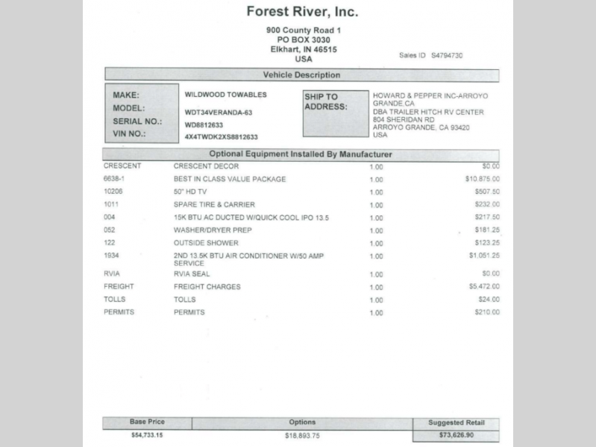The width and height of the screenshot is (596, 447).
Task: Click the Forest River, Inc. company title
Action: click(x=302, y=12)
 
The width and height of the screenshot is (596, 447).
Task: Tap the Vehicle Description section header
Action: click(x=301, y=75)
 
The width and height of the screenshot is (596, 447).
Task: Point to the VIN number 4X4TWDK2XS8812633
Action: click(x=221, y=137)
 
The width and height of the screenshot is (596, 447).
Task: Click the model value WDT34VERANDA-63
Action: click(x=219, y=112)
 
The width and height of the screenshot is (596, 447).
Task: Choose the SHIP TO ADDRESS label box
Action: click(x=335, y=113)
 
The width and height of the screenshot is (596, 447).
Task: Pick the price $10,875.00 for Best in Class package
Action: click(x=482, y=179)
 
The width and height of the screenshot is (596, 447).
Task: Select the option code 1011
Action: click(x=111, y=204)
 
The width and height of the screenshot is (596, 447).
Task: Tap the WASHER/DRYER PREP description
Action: click(x=213, y=230)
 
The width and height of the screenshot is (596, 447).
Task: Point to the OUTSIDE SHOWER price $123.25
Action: click(x=486, y=243)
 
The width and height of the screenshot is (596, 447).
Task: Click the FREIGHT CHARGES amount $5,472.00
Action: click(x=483, y=286)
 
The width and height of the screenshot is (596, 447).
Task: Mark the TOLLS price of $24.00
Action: click(x=488, y=299)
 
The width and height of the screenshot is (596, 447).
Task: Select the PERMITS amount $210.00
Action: click(x=486, y=312)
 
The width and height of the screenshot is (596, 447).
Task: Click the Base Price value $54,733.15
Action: click(x=147, y=434)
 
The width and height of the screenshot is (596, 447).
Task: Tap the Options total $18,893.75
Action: click(x=301, y=435)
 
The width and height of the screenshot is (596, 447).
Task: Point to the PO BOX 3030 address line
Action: click(x=303, y=39)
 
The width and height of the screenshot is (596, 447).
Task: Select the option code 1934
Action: click(x=111, y=256)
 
